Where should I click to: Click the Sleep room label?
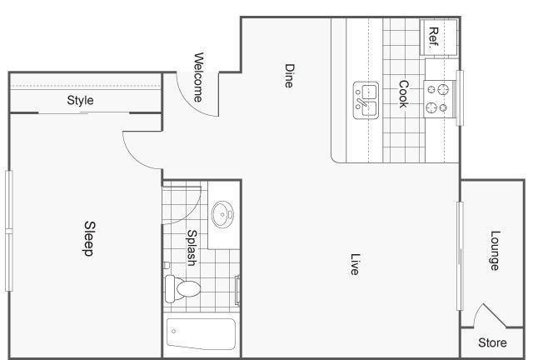(90, 238)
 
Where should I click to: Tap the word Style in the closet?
(80, 100)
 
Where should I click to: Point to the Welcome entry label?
(198, 77)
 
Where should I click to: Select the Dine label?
(289, 76)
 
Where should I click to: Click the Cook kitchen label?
(403, 94)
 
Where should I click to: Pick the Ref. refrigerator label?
(433, 37)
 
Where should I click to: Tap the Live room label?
(355, 263)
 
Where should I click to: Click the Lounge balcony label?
(495, 251)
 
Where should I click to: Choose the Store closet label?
(492, 342)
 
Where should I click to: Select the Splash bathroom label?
(192, 247)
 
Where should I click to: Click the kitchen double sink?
(366, 100)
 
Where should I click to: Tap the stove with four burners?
(437, 99)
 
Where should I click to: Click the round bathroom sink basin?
(222, 214)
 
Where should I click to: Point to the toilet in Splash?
(182, 289)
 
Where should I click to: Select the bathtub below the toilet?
(201, 334)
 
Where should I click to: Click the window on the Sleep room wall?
(9, 231)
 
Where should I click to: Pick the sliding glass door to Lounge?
(460, 256)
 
